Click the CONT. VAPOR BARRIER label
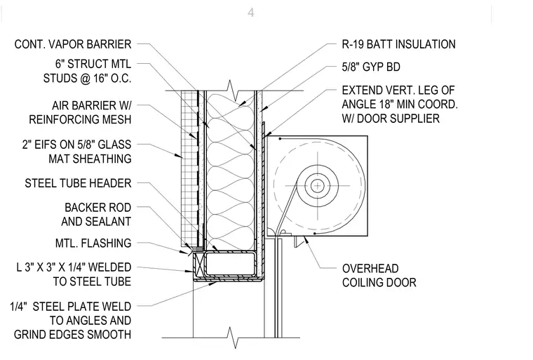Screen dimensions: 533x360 73,44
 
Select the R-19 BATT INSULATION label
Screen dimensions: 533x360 399,44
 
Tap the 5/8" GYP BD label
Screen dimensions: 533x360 371,67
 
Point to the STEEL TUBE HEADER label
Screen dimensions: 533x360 78,183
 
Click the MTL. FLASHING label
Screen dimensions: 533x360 93,243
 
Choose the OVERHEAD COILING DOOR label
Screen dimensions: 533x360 379,276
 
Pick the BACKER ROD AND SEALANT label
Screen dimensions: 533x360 96,214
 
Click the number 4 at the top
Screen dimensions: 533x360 251,13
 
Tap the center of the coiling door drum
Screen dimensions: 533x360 318,186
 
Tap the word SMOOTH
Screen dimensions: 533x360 110,335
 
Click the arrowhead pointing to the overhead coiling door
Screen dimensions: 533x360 306,240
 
